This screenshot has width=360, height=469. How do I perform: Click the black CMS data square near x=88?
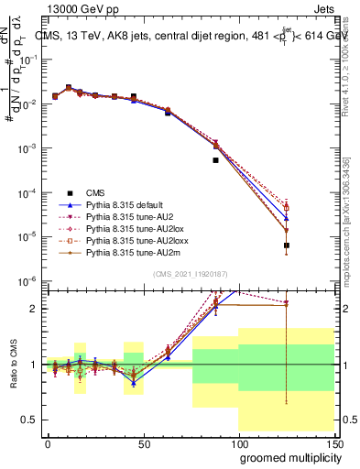(x=216, y=160)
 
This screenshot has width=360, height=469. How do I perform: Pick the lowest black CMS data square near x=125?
(x=287, y=245)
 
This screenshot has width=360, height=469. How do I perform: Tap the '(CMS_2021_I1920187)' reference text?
(x=189, y=274)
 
